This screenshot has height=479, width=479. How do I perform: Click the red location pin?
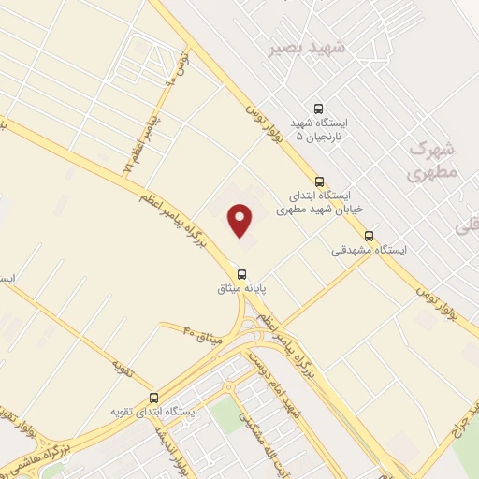pyautogui.click(x=240, y=221)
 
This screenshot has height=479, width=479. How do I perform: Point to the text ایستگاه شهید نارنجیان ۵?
pyautogui.click(x=318, y=131)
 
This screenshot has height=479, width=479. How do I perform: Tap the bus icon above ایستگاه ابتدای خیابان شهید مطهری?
pyautogui.click(x=320, y=181)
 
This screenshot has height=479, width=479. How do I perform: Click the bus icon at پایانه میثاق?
pyautogui.click(x=242, y=274)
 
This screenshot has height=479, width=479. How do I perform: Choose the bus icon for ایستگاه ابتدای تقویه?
pyautogui.click(x=154, y=396)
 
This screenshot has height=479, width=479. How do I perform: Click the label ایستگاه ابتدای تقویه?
pyautogui.click(x=154, y=412)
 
